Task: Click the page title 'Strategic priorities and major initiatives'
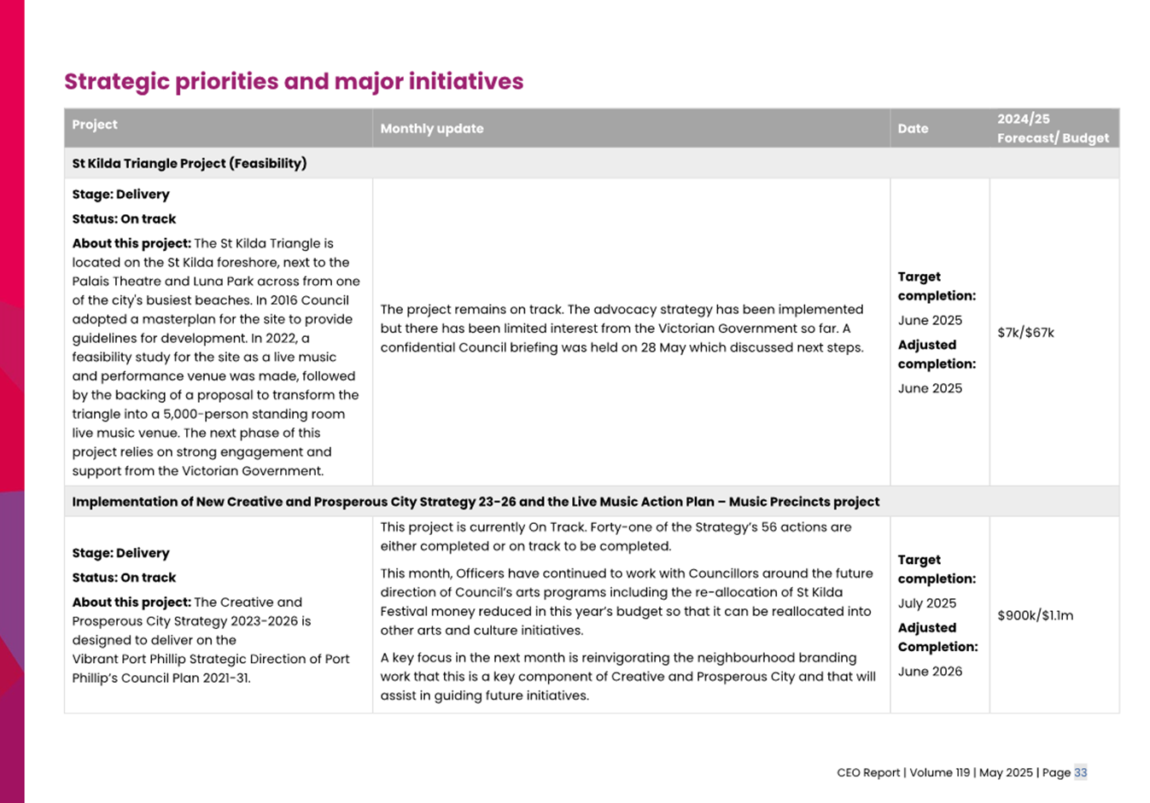coord(294,82)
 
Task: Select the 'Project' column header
coord(95,125)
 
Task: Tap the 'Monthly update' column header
coord(432,129)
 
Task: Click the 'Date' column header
coord(913,129)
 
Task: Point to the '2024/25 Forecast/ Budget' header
coord(1053,129)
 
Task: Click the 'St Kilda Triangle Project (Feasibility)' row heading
coord(190,164)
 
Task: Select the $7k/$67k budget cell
coord(1025,333)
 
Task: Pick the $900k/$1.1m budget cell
coord(1035,616)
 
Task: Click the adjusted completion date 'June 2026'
coord(930,672)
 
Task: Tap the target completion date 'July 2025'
coord(926,603)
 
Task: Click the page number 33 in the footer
coord(1080,773)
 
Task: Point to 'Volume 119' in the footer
coord(939,773)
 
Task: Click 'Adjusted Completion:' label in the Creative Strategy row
coord(937,637)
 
